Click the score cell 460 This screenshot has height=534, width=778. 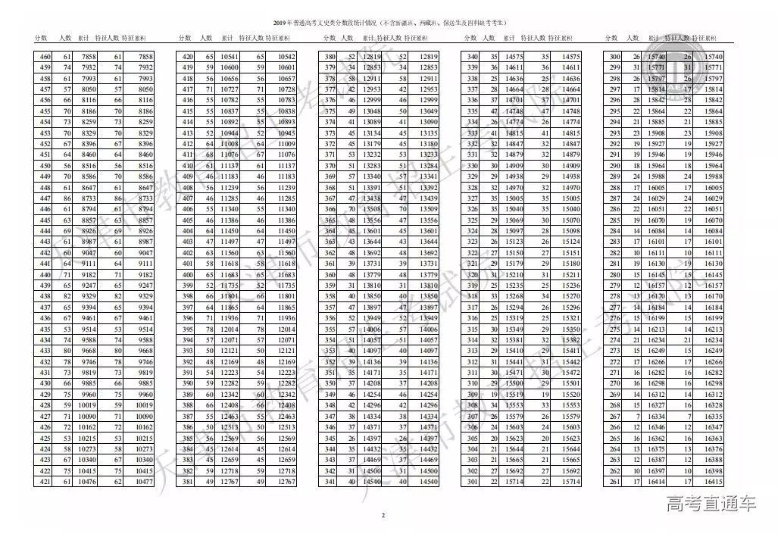pos(45,57)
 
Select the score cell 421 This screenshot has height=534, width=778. pos(45,482)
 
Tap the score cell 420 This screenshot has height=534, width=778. pos(188,57)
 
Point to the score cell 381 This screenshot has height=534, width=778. pos(188,482)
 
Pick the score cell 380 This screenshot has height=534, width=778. pos(330,57)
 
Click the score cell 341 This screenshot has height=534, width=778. pos(330,482)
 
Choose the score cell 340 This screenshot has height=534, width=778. pos(473,57)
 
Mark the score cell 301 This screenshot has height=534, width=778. pos(473,482)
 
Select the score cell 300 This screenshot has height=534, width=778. pos(614,57)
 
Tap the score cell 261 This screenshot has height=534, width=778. pos(614,482)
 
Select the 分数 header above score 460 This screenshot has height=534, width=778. pos(42,38)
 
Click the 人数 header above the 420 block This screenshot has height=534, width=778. pos(206,38)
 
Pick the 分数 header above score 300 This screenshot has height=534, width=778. pos(612,38)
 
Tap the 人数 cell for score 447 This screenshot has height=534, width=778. pos(67,198)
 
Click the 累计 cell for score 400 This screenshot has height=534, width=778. pos(230,274)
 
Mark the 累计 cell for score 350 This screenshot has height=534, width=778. pos(371,383)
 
